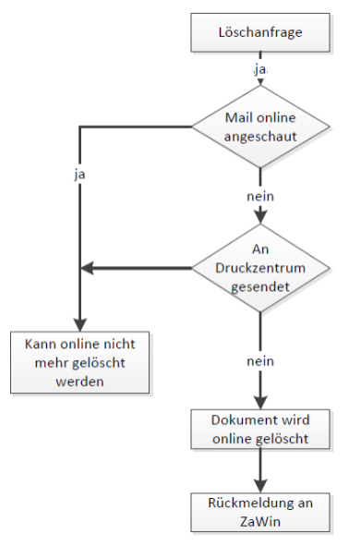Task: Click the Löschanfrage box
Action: [x=260, y=32]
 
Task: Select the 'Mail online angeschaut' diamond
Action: [x=260, y=127]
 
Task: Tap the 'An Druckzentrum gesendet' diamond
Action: [x=260, y=268]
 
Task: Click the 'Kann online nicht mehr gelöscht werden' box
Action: [x=80, y=362]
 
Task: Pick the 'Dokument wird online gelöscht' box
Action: [x=260, y=429]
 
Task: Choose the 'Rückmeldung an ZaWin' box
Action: [x=260, y=512]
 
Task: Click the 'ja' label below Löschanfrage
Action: [x=260, y=69]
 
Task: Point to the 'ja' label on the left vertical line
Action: [x=79, y=174]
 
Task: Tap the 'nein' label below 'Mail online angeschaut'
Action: [x=260, y=197]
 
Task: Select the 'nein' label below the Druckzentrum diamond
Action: [x=260, y=361]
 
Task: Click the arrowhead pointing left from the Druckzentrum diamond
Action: [x=87, y=268]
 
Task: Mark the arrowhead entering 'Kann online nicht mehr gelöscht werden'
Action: [x=80, y=325]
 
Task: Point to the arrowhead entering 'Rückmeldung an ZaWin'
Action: [x=260, y=486]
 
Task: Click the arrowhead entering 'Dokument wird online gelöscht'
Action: [x=260, y=403]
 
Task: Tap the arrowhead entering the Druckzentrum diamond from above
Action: [x=260, y=217]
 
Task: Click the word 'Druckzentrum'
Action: [x=260, y=268]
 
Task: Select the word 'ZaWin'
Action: [x=260, y=522]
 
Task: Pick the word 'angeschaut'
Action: [x=260, y=137]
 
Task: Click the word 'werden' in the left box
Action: [x=80, y=382]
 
